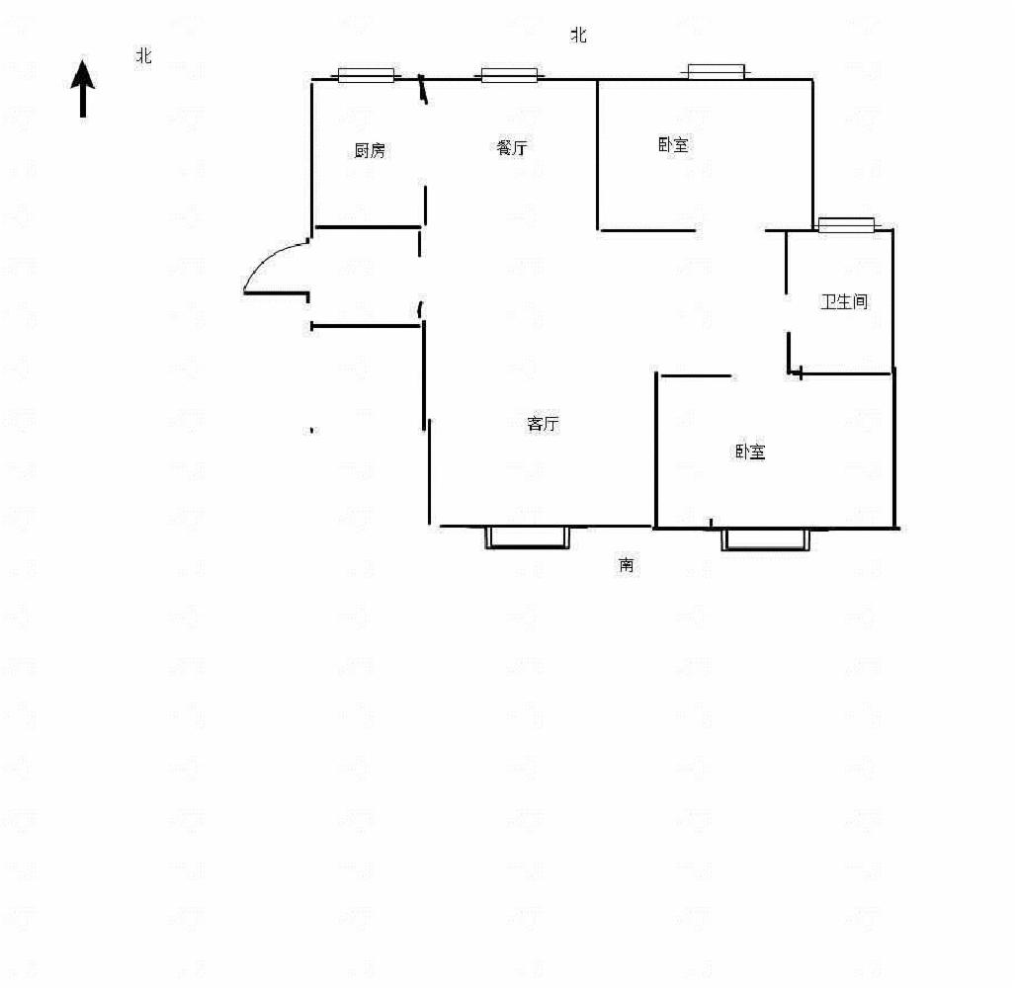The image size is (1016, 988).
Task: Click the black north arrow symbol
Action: [83, 88]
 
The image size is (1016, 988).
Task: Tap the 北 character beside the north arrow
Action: [143, 56]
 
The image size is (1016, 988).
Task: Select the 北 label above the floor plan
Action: [578, 35]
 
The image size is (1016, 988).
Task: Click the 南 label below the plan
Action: [626, 565]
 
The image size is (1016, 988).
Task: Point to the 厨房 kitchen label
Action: [370, 151]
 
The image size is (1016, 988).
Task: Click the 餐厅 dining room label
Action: [512, 148]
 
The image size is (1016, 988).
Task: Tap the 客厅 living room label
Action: [543, 424]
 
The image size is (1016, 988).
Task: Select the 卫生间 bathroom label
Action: [844, 301]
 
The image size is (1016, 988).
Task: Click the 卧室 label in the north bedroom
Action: [673, 144]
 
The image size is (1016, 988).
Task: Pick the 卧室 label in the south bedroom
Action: [750, 452]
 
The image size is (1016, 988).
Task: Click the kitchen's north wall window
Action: [366, 75]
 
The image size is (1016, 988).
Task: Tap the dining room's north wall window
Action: [509, 75]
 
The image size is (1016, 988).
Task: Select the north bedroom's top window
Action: [716, 71]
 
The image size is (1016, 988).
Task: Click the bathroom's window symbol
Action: [846, 225]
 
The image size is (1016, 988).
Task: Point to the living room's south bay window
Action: [528, 537]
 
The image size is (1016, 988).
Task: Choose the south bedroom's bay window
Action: [765, 539]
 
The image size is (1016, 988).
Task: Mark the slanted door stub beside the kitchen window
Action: [423, 89]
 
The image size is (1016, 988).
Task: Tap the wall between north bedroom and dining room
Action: [597, 154]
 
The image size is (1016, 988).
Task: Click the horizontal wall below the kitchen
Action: [368, 227]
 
